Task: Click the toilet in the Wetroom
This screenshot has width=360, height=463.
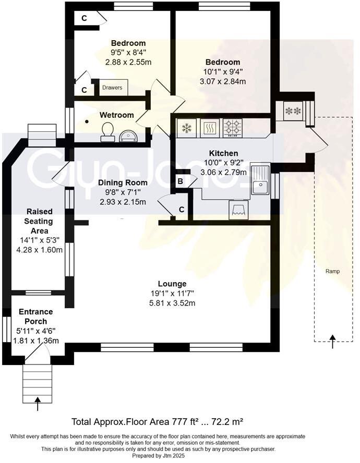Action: point(108,131)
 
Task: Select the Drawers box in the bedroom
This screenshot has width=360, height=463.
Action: point(113,88)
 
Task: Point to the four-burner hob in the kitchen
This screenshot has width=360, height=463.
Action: point(233,127)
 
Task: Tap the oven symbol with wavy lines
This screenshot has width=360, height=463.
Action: point(209,127)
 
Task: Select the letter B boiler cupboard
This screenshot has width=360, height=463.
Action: point(180,182)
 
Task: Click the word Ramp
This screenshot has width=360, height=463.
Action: point(332,271)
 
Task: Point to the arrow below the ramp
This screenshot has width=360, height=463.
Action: point(332,341)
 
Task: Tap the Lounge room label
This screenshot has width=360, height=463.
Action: point(173,284)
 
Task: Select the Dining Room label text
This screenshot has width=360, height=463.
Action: point(123,183)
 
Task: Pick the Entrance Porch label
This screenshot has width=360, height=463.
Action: point(33,316)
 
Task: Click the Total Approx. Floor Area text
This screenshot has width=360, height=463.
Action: point(157,421)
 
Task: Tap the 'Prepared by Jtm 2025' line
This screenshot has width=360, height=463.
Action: point(157,455)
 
